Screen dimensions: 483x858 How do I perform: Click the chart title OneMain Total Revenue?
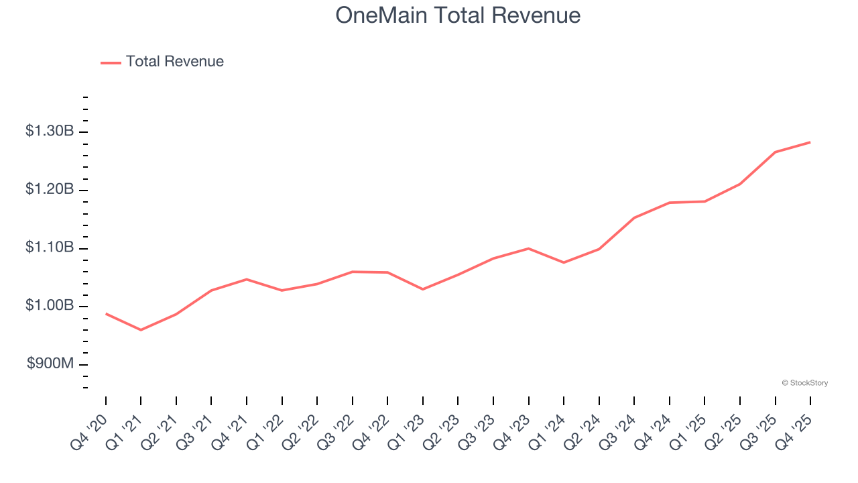pos(458,15)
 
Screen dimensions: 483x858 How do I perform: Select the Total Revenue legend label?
pos(174,62)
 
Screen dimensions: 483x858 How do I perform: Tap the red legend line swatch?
pos(111,62)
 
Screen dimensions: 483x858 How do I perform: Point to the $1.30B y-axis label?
pos(50,131)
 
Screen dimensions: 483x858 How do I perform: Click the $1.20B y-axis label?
pos(50,190)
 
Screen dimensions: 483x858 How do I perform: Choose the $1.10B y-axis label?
pos(50,248)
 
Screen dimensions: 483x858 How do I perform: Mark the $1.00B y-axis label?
pos(50,307)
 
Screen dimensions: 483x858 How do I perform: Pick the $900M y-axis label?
pos(51,364)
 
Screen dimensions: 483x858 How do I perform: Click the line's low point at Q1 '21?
pos(141,330)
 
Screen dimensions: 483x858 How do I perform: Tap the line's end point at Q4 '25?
pos(810,142)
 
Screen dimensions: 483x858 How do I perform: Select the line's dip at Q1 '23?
pos(423,289)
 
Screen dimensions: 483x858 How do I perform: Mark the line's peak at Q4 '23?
pos(529,248)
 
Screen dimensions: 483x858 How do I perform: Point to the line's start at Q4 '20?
pos(106,313)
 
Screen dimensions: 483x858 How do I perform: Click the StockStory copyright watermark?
pos(804,383)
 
